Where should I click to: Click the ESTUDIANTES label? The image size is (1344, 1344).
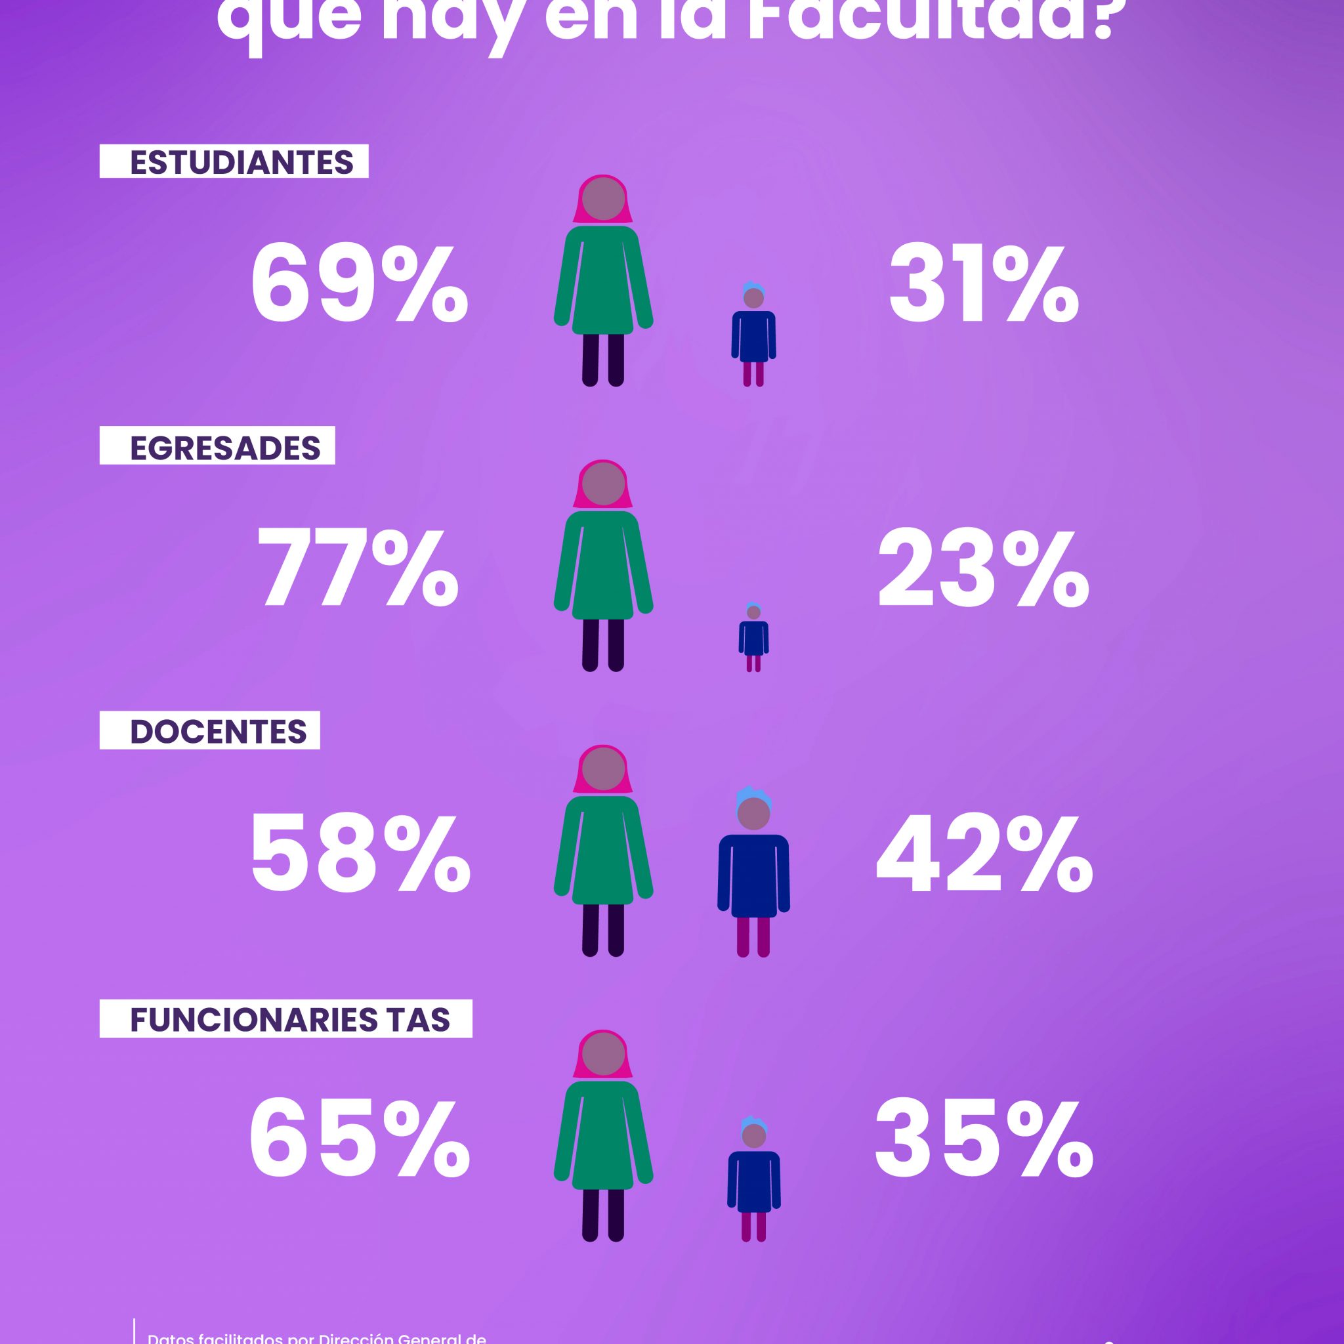(x=241, y=162)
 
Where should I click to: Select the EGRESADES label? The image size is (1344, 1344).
(x=224, y=448)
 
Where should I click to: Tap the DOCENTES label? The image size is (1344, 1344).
(x=218, y=732)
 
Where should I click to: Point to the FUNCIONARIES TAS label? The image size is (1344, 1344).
(x=289, y=1020)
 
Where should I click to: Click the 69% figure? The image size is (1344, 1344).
(x=358, y=286)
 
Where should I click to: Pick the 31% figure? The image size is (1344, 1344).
(x=983, y=286)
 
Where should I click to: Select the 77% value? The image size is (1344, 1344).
(x=358, y=570)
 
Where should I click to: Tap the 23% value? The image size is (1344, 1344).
(x=983, y=570)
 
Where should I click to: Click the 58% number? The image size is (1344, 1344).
(x=360, y=855)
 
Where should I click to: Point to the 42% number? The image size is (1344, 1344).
(x=984, y=855)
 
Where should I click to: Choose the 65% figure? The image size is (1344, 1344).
(x=358, y=1140)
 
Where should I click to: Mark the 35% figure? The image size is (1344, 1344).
(x=984, y=1140)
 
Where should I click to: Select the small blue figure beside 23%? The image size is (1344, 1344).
(x=753, y=636)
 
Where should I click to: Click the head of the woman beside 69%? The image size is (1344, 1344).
(x=603, y=199)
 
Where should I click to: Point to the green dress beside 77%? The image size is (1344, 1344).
(x=603, y=564)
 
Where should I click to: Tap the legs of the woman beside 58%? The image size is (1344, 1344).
(x=603, y=929)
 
